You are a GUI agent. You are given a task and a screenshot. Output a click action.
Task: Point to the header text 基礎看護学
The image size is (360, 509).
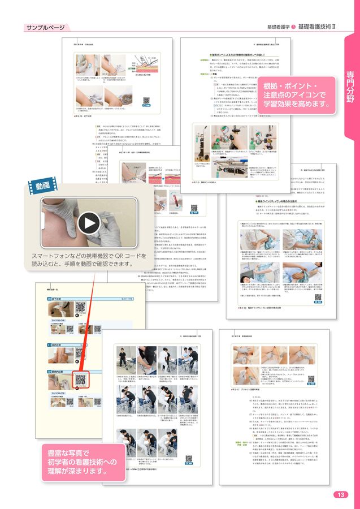click(278, 27)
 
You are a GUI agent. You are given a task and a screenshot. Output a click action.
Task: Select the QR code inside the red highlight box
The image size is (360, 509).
click(81, 379)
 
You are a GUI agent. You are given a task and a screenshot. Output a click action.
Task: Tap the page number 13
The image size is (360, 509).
click(340, 494)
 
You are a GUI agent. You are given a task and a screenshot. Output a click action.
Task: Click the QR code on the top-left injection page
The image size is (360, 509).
click(146, 100)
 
